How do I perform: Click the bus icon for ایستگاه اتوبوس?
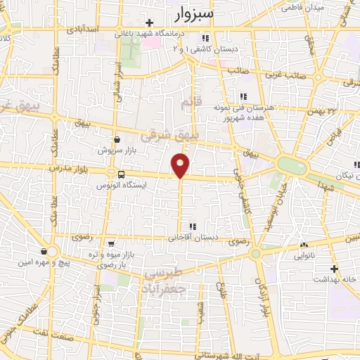coord(122,174)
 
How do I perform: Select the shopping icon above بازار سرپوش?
coord(116,139)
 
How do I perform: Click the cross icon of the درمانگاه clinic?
coord(150,23)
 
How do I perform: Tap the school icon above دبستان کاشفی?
coord(205,39)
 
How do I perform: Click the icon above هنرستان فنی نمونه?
coord(243,97)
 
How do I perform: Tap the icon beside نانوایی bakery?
coord(304,246)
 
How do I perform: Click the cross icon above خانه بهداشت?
coord(335,268)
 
